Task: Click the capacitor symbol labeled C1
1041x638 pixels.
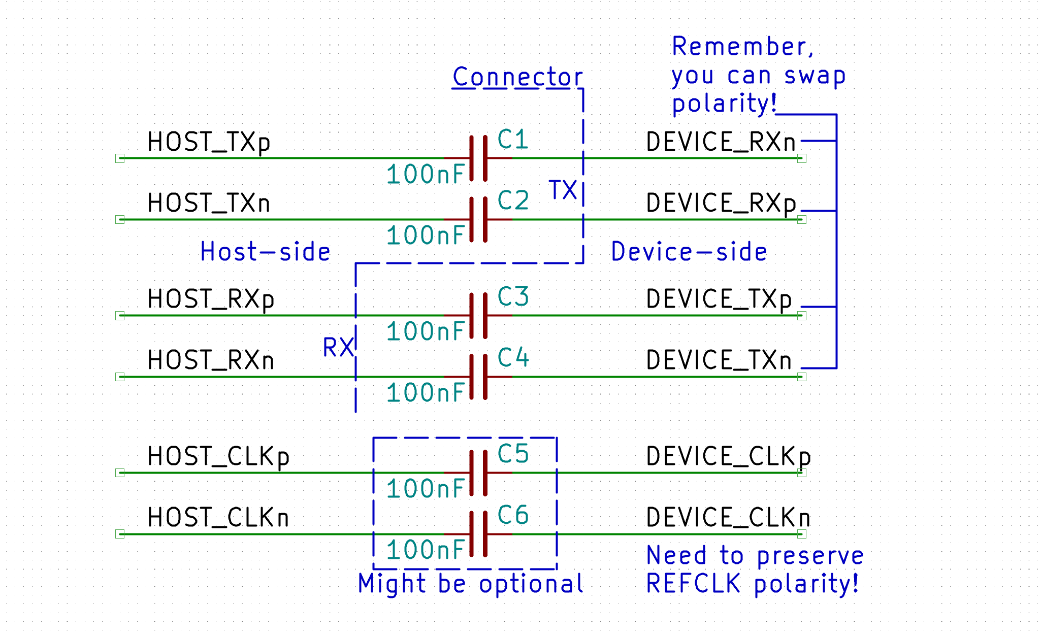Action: [x=478, y=158]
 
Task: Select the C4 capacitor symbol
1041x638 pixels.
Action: [x=478, y=377]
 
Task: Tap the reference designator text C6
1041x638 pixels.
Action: [x=513, y=515]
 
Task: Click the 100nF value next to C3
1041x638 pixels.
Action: [x=426, y=331]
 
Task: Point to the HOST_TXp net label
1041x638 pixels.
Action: [x=209, y=142]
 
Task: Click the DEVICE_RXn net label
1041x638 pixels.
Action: [x=721, y=142]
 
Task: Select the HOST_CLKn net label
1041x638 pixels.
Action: [x=218, y=518]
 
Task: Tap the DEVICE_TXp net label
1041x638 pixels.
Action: [x=719, y=299]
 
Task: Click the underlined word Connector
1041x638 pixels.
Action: [x=517, y=77]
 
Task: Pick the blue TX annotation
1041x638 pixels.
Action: [x=563, y=190]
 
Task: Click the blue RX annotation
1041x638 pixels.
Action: [x=338, y=348]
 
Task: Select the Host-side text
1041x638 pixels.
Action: [x=266, y=252]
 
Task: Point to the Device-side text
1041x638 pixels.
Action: [x=689, y=252]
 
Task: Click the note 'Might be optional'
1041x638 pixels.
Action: [x=471, y=584]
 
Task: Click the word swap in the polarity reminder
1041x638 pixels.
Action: [x=815, y=76]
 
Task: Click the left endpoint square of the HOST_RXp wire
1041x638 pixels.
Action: [x=120, y=316]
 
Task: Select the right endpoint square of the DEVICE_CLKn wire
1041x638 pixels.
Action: [x=801, y=534]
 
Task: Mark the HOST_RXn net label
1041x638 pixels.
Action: [x=211, y=360]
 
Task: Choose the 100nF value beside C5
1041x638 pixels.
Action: [x=426, y=489]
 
